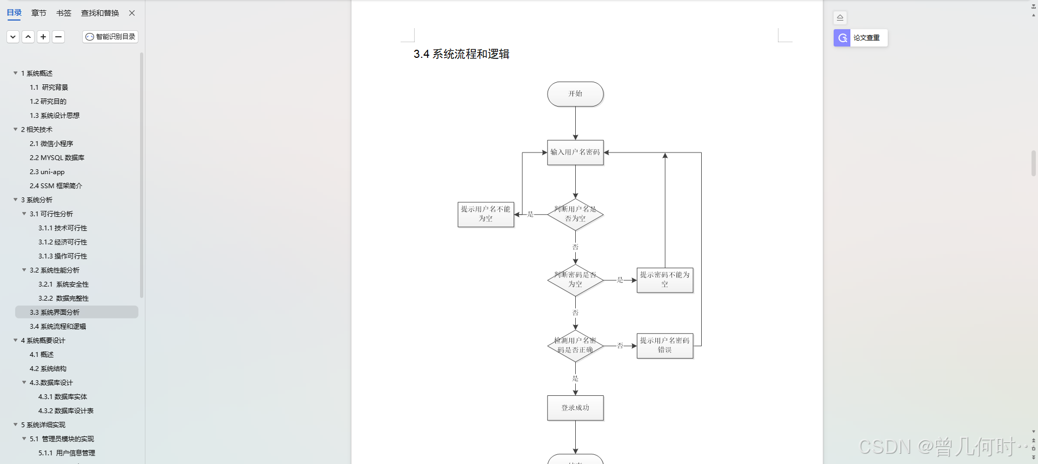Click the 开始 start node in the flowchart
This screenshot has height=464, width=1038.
pos(575,94)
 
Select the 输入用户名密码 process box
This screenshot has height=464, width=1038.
pos(575,153)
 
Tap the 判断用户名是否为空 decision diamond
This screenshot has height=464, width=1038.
pos(575,214)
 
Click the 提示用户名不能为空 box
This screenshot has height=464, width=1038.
pos(485,214)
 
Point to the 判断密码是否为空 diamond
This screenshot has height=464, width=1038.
pos(575,280)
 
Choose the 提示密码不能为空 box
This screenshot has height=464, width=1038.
pos(664,280)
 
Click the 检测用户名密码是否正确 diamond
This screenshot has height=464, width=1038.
pos(575,346)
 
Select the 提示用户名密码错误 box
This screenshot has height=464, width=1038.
pos(664,346)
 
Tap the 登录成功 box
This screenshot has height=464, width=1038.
pos(575,408)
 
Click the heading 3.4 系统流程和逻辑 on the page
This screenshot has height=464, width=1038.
pos(461,54)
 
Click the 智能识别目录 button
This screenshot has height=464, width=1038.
pos(110,37)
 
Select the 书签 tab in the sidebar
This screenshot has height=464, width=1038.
pos(64,13)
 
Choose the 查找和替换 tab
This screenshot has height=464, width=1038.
pos(100,13)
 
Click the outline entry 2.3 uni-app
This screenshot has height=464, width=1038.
pos(47,172)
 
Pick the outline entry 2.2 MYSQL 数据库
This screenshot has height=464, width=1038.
pos(57,158)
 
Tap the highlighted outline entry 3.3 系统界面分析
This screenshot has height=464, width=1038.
pos(55,313)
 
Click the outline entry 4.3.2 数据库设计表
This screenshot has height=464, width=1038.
pos(65,411)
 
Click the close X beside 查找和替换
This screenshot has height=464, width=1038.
pos(132,13)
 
